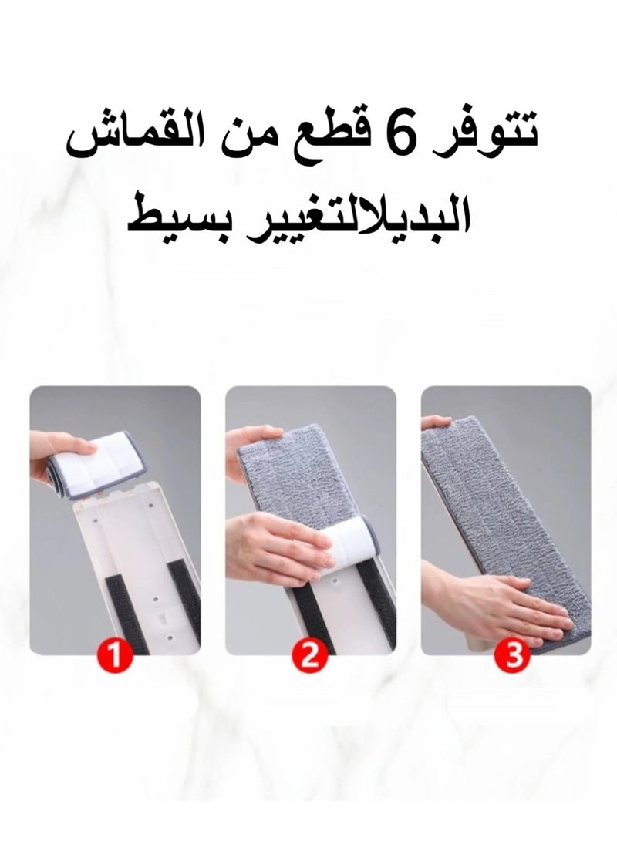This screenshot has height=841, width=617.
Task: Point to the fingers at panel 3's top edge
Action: pos(435,422)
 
